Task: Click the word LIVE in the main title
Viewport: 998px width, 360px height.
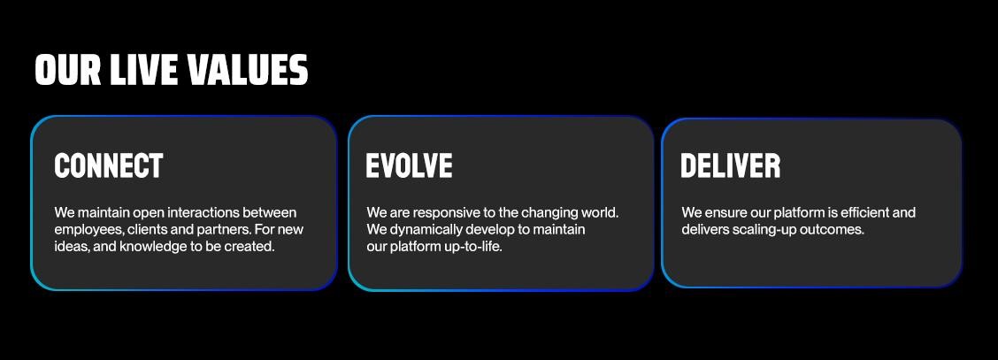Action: point(144,70)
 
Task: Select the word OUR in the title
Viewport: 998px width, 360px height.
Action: point(68,70)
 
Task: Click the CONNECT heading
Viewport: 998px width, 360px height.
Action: point(109,166)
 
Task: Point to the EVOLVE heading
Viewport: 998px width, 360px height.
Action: point(410,166)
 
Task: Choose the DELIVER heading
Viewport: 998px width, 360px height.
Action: point(731,166)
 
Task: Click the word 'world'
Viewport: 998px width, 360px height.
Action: point(600,212)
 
